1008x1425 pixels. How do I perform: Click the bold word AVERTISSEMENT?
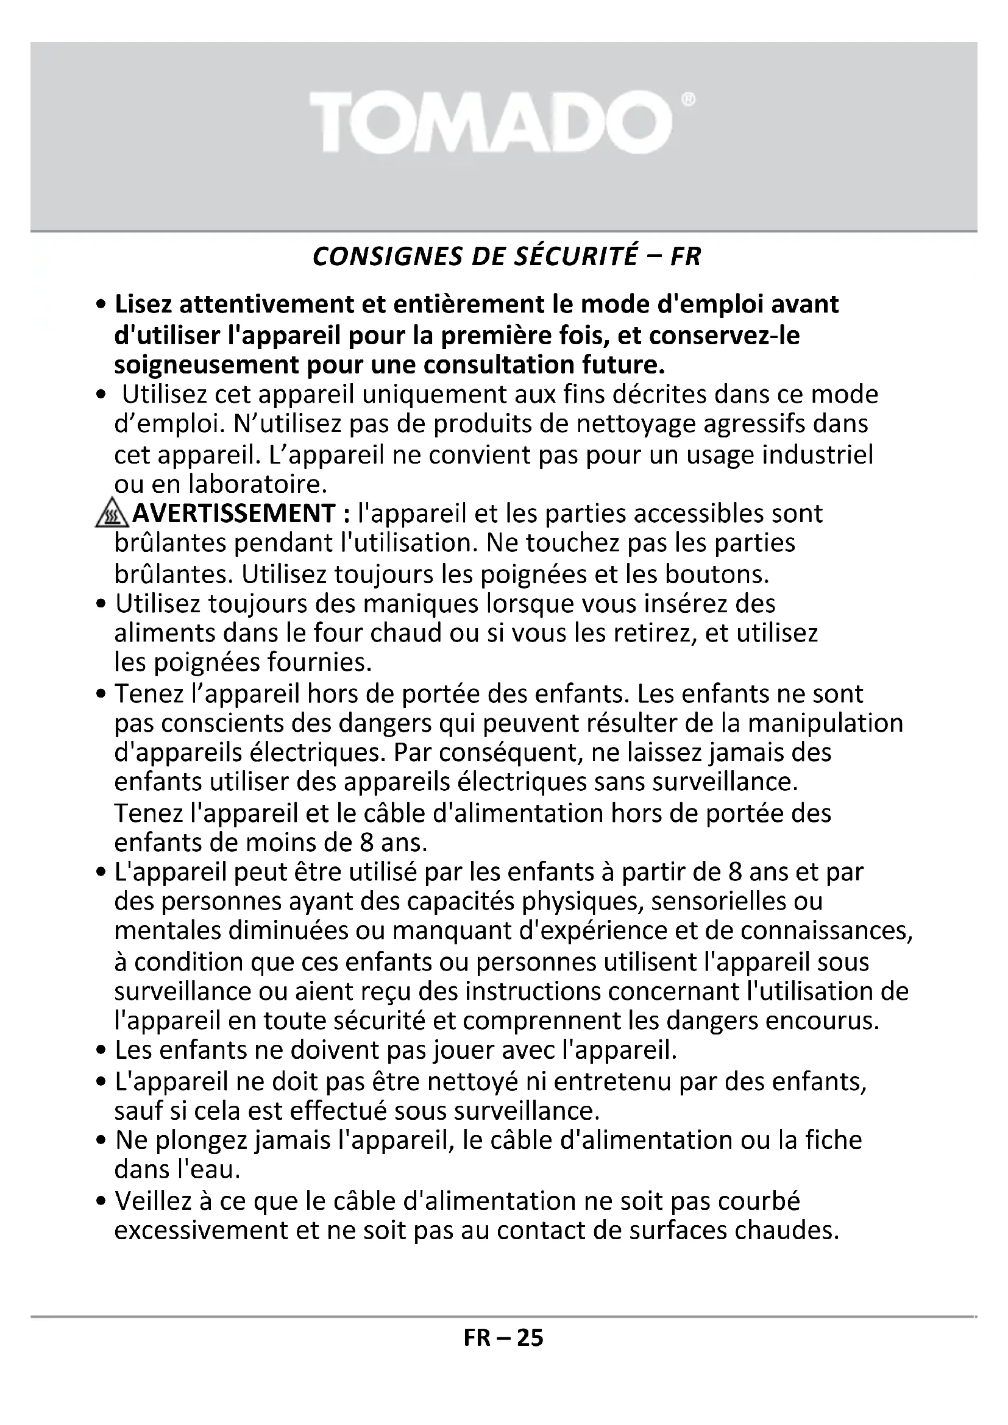234,513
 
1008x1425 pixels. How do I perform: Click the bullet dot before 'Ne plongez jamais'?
102,1141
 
